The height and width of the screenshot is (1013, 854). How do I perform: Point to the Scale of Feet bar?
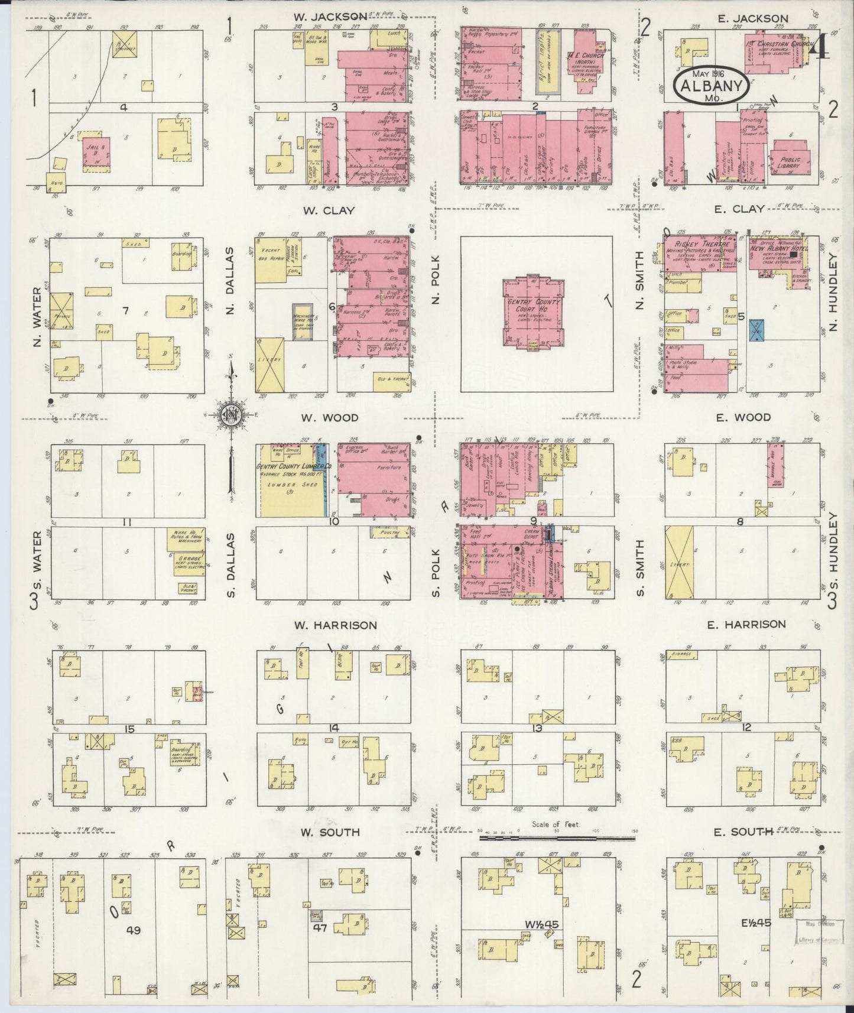tap(558, 837)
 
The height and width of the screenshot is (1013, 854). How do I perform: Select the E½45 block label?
tap(748, 922)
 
